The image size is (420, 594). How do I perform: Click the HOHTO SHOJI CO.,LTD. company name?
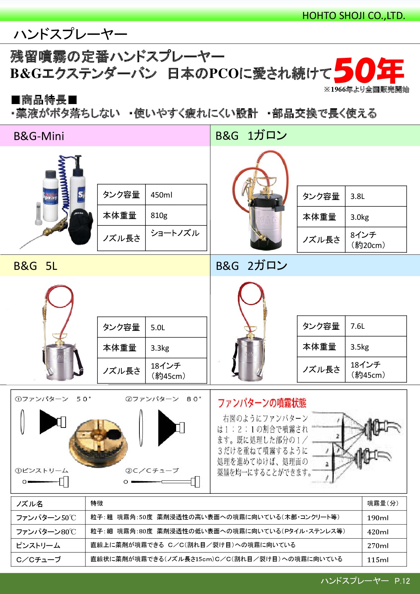coord(353,16)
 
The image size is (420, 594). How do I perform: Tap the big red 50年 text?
coord(369,71)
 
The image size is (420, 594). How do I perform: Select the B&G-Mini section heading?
coord(39,136)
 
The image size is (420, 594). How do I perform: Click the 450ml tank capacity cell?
coord(176,195)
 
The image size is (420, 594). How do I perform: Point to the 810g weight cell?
coord(176,215)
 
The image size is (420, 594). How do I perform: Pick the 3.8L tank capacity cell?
coord(376,196)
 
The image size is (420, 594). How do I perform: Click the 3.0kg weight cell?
coord(376,217)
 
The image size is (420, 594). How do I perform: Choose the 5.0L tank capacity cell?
coord(176,327)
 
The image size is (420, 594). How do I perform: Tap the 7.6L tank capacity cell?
coord(376,326)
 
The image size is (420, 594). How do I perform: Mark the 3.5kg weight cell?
coord(376,347)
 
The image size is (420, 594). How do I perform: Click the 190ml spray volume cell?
coord(384,517)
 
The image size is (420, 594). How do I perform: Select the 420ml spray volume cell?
coord(384,532)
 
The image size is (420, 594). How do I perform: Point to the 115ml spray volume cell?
coord(384,559)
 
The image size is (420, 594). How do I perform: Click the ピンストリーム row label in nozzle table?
coord(38,545)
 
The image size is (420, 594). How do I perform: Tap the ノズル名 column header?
coord(29,504)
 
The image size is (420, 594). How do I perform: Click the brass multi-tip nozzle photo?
coord(98,443)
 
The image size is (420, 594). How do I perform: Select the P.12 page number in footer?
coord(402,581)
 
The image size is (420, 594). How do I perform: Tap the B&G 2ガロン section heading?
coord(251,266)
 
